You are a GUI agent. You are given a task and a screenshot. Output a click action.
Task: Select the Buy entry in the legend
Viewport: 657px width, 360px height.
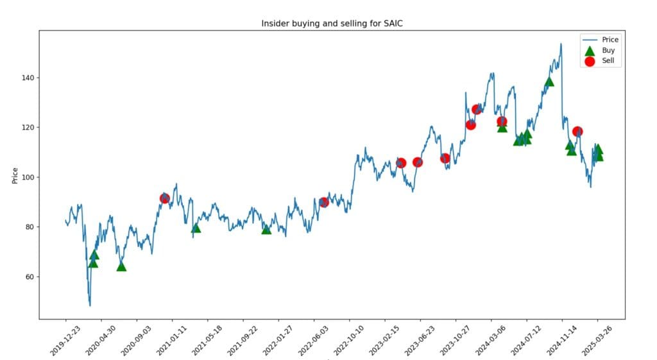(608, 50)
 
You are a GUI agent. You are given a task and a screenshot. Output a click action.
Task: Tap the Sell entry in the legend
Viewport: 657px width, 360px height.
(608, 61)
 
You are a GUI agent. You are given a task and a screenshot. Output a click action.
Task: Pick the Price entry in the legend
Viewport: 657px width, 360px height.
(610, 40)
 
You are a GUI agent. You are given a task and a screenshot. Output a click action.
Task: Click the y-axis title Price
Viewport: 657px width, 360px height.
(15, 174)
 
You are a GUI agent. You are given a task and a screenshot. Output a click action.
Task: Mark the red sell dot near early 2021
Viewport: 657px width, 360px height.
(164, 198)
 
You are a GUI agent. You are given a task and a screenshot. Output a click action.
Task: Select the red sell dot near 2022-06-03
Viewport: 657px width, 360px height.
(324, 202)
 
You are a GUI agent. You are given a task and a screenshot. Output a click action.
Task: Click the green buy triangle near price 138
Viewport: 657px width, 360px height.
(549, 81)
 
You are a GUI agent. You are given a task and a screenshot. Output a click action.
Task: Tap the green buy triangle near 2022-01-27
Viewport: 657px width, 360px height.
(266, 229)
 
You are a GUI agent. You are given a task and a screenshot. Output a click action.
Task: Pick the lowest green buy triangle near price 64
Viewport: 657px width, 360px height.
(121, 266)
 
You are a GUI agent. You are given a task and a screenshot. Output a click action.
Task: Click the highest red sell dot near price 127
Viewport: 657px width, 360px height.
(477, 110)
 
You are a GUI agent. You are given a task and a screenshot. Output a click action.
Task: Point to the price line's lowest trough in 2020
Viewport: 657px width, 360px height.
(90, 305)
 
